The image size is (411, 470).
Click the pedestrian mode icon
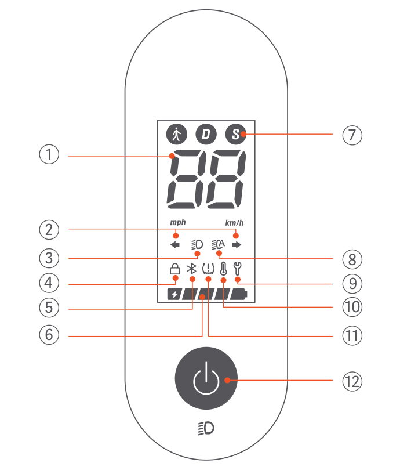click(x=176, y=135)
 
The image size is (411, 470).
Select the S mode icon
click(x=235, y=135)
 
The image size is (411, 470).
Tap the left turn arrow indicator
click(x=175, y=244)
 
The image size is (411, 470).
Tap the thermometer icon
click(x=223, y=269)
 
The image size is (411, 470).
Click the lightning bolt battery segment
click(x=174, y=294)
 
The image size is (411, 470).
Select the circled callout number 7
click(x=351, y=135)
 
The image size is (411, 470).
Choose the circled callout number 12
click(x=351, y=381)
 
